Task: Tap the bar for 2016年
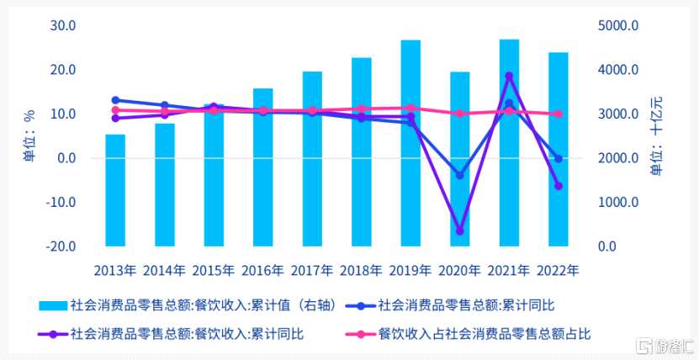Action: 262,167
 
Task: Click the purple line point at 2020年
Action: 459,231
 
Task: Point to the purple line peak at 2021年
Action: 509,77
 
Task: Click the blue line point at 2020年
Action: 459,175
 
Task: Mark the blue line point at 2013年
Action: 115,100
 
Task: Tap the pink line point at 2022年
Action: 558,114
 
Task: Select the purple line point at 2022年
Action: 558,186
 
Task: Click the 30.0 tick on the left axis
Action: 63,25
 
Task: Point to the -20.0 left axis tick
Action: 61,246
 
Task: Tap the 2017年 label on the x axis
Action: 312,271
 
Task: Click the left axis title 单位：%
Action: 29,136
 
